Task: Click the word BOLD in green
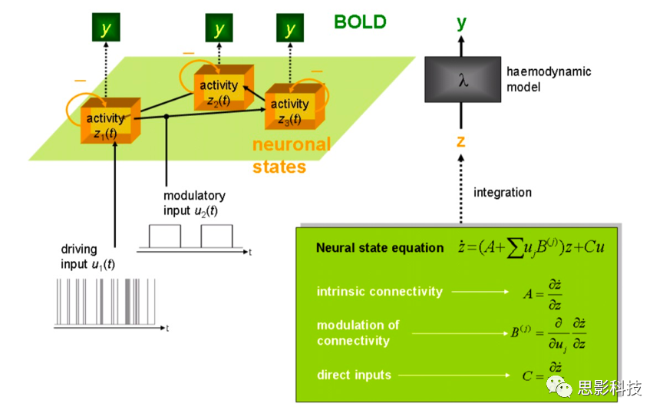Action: (360, 22)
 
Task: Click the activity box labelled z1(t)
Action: (107, 123)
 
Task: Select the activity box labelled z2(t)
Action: (218, 91)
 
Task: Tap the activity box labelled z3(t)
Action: (291, 110)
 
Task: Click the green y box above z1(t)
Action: (106, 29)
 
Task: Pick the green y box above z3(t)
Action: (289, 29)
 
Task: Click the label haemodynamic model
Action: (549, 79)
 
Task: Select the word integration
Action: (502, 192)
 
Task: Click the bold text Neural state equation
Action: (380, 248)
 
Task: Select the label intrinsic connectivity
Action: (379, 292)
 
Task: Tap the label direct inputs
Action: (354, 375)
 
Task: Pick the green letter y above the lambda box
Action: (461, 22)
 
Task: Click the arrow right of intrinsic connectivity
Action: (480, 292)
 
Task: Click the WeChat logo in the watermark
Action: (562, 389)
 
